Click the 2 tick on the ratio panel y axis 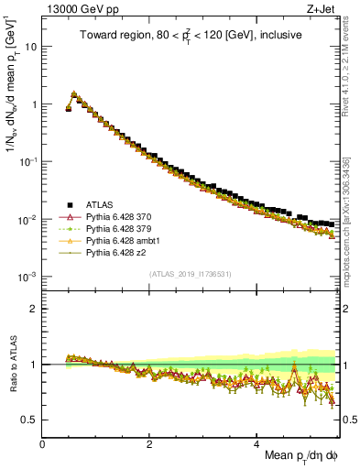pos(34,309)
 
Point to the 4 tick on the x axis pos(257,443)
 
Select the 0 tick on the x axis pos(43,443)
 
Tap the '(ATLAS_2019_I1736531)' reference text pos(190,274)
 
